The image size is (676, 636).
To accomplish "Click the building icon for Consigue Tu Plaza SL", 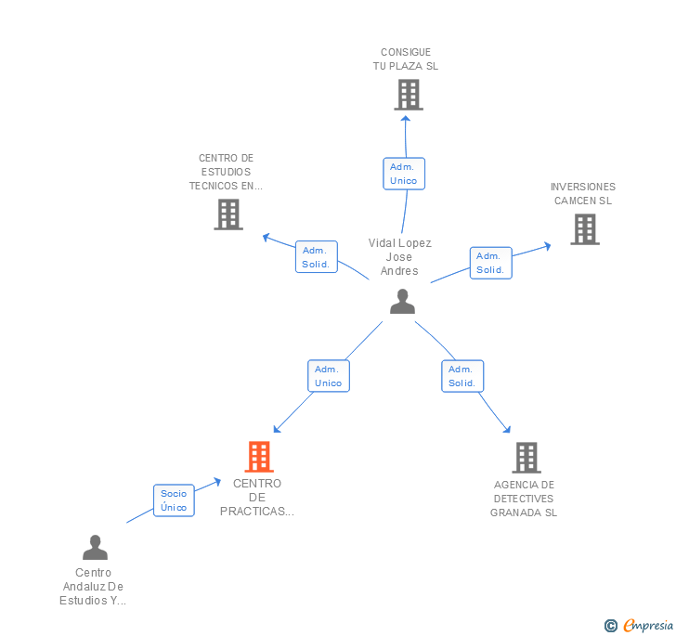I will [408, 95].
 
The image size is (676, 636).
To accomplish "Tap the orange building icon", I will [259, 457].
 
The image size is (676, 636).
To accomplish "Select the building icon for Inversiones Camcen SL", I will [584, 229].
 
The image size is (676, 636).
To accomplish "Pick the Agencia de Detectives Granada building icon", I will [526, 457].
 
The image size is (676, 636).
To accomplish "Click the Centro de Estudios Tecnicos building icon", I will [227, 214].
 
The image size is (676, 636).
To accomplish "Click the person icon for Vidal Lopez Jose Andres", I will [402, 302].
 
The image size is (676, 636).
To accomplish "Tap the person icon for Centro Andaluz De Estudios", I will [95, 548].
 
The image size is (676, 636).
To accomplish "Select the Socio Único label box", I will [174, 500].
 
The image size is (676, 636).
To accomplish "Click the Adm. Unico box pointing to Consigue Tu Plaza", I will [404, 174].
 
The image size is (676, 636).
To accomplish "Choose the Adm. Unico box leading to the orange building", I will [329, 376].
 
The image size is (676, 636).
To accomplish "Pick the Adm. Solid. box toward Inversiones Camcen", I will [490, 263].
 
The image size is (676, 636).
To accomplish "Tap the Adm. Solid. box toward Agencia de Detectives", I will [462, 376].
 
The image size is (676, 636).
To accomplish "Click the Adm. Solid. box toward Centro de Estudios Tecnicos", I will [316, 257].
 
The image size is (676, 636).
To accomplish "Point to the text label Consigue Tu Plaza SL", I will [406, 59].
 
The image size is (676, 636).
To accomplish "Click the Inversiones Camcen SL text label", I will [583, 193].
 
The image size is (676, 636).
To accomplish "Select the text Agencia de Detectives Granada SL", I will [524, 499].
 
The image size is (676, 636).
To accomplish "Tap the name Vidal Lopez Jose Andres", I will [400, 257].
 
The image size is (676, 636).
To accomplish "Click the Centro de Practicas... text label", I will [257, 497].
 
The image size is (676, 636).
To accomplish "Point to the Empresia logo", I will [647, 625].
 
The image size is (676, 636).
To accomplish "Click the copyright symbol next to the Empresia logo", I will [610, 626].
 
